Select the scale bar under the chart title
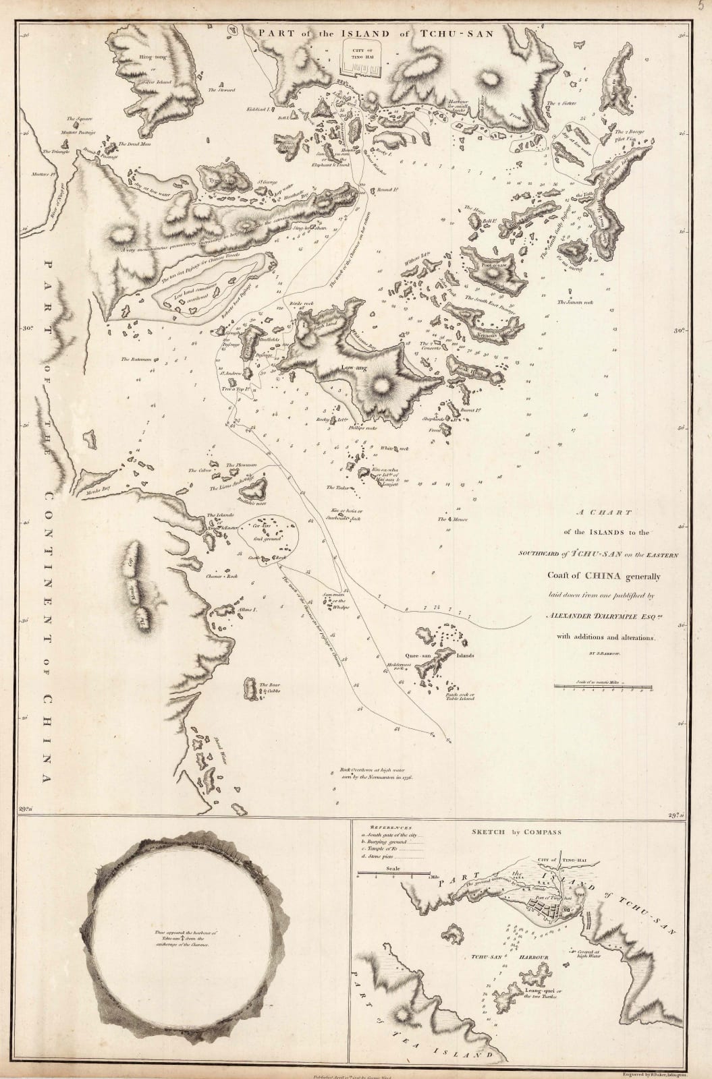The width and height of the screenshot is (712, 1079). tap(603, 687)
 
